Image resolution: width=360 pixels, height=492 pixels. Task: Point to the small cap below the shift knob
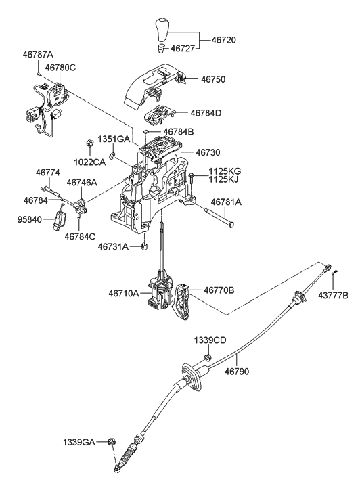pos(162,49)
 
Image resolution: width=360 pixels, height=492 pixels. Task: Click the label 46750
pos(213,80)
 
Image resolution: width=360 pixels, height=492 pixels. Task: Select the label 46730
pos(209,154)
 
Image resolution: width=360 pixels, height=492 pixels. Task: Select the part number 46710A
pos(123,293)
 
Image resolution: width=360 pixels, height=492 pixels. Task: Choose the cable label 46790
pos(238,371)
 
